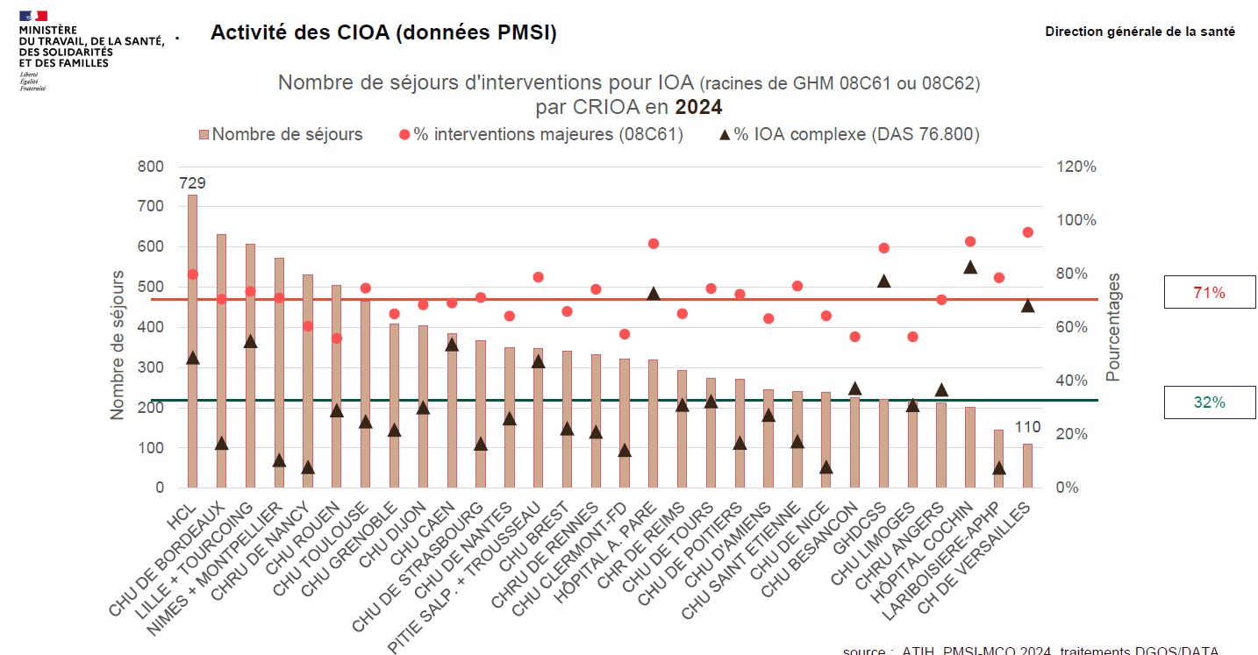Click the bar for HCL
(192, 341)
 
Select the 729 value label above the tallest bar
(193, 183)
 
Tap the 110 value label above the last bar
(1028, 428)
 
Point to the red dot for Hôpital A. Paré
(653, 244)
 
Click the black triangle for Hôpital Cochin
(970, 267)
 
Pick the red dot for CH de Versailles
(1027, 232)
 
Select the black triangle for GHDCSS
(884, 281)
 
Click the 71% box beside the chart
(1209, 293)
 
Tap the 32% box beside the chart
(1209, 402)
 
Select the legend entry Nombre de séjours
(281, 135)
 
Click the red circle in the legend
(404, 135)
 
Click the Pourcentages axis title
(1113, 326)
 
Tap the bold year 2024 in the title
(698, 108)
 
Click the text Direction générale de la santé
(1140, 32)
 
